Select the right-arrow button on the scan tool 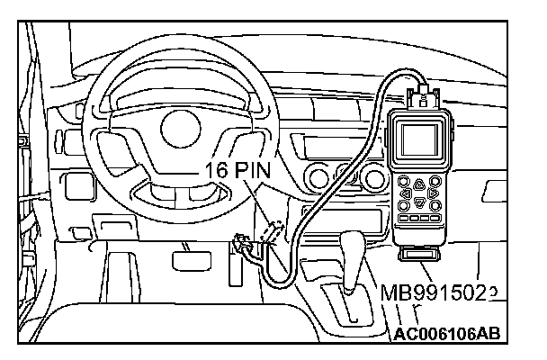(x=435, y=192)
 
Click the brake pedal (x=188, y=259)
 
